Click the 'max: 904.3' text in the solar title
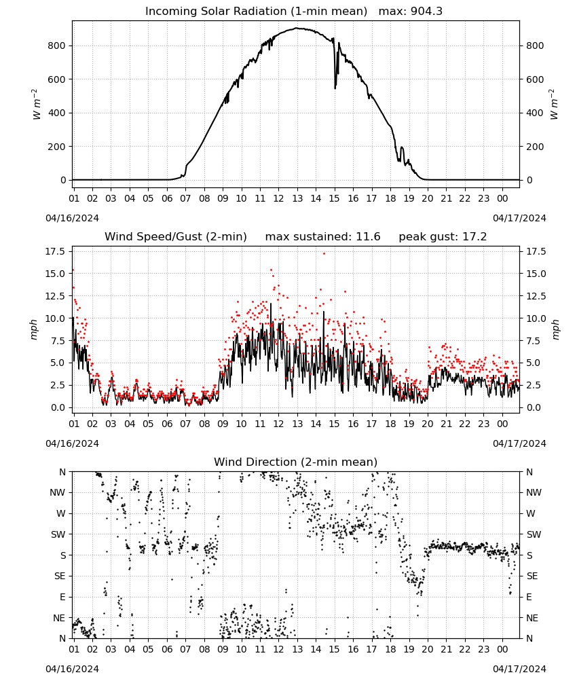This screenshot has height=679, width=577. pos(411,12)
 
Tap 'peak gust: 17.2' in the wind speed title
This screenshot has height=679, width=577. pos(443,237)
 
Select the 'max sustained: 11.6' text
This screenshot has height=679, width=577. pos(322,237)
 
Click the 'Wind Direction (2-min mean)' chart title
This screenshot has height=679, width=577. pos(296,462)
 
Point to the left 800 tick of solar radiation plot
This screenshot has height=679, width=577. pos(57,45)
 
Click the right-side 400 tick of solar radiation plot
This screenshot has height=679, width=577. pos(535,113)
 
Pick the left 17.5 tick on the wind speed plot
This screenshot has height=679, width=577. pos(56,252)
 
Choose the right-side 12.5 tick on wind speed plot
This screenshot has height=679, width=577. pos(536,296)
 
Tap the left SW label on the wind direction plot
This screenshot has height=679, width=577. pos(58,534)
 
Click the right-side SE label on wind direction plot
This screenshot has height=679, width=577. pos(532,576)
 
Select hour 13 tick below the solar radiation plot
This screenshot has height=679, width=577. pos(297,198)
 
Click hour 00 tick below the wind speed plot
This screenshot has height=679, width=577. pos(502,424)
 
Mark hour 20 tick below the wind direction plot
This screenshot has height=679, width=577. pos(428,649)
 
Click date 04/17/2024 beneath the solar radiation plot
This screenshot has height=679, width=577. pos(519,218)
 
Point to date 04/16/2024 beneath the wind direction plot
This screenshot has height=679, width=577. pos(72,669)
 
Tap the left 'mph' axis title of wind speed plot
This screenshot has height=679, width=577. pos(34,329)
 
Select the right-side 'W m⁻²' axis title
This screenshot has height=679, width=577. pos(555,105)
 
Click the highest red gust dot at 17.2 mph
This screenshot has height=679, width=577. pos(324,254)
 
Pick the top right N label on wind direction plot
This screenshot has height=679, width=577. pos(529,472)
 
